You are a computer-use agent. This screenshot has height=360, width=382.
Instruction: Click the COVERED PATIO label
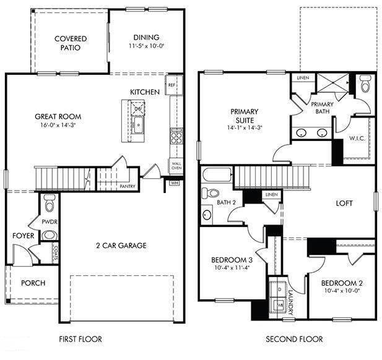coord(70,43)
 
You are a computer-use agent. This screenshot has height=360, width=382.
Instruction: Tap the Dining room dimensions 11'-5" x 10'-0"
coord(145,46)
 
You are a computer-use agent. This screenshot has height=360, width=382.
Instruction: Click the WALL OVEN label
coord(176,166)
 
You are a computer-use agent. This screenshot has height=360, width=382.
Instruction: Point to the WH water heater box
coord(175,182)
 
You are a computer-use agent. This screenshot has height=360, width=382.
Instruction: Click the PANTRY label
coord(128,186)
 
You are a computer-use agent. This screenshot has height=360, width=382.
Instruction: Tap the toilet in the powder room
coord(50,200)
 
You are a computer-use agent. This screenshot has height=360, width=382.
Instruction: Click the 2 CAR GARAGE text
coord(121,246)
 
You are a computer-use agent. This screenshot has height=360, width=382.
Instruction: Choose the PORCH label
coord(33,283)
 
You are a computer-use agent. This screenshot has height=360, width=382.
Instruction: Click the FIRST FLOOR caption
coord(80,339)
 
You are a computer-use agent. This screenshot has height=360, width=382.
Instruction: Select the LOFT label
coord(344,202)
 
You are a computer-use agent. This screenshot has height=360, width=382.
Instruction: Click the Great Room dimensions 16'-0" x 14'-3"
coord(58,125)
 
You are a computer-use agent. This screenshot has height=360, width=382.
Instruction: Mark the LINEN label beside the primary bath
coord(303,79)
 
